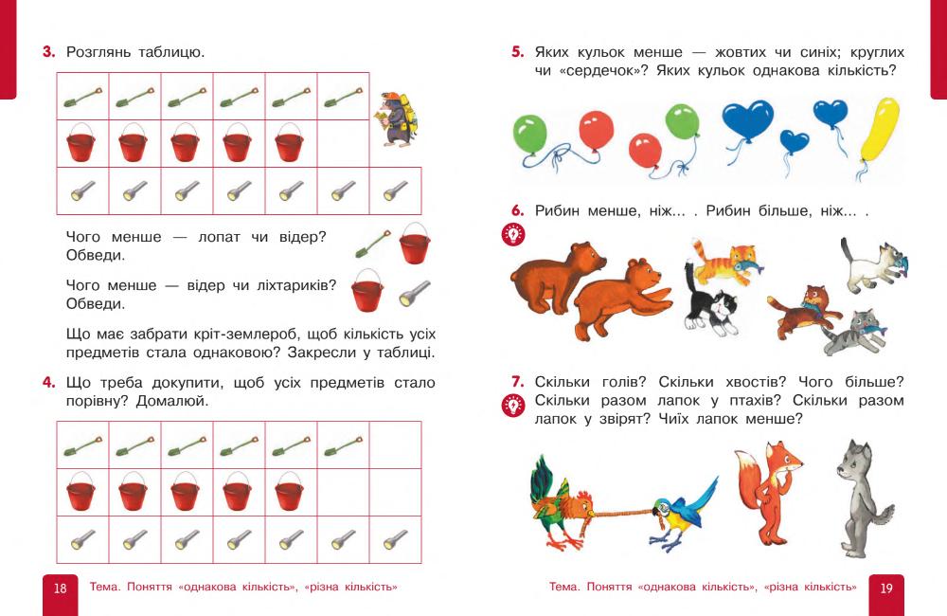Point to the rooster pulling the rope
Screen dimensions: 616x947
coord(561,506)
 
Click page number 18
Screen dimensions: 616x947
coord(60,589)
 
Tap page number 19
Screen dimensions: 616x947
coord(886,589)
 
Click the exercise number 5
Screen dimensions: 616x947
coord(517,53)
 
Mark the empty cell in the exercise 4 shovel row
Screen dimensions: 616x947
coord(395,445)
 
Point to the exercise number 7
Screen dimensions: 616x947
coord(517,382)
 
